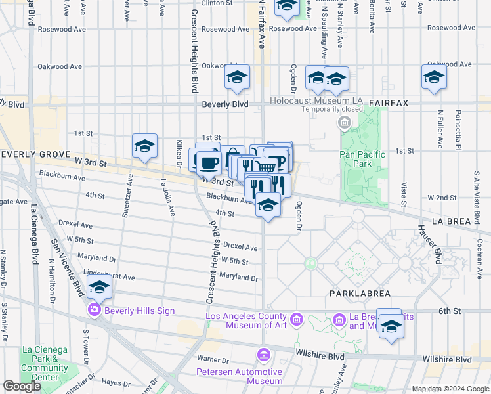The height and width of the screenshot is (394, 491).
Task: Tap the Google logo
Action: pyautogui.click(x=22, y=386)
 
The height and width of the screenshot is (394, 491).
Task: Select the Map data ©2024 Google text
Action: pyautogui.click(x=450, y=389)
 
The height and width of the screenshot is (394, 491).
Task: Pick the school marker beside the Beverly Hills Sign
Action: pyautogui.click(x=99, y=287)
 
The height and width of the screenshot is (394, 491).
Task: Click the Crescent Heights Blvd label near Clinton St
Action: pyautogui.click(x=194, y=46)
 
